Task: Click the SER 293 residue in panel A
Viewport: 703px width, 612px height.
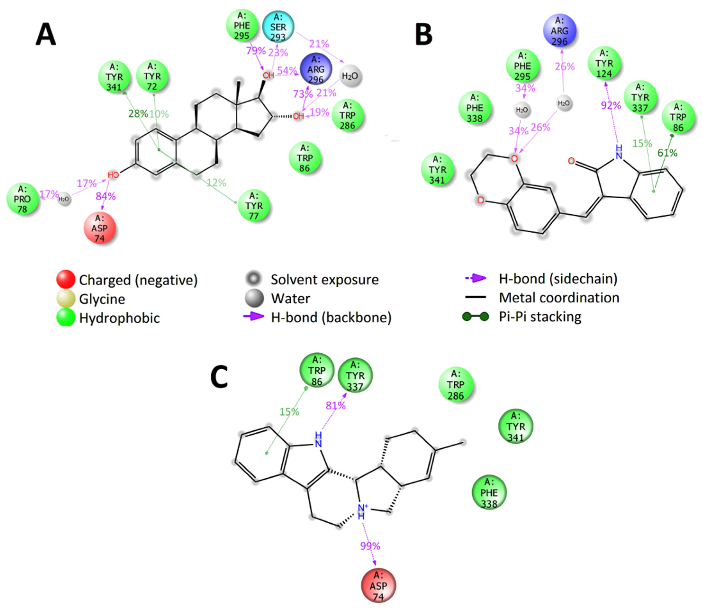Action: [x=278, y=27]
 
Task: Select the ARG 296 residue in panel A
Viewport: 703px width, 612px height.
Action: [x=316, y=69]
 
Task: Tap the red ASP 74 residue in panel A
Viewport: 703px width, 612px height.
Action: [x=99, y=228]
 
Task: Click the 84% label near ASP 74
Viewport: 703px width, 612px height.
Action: [x=106, y=196]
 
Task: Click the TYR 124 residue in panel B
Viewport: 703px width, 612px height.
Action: [x=604, y=63]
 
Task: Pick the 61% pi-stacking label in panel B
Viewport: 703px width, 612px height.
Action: [x=667, y=153]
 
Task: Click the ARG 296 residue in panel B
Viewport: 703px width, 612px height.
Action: [x=559, y=31]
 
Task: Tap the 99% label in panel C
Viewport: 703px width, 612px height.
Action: [x=370, y=546]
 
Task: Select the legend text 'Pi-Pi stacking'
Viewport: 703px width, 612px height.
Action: [x=540, y=317]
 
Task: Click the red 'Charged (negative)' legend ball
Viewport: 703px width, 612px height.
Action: [x=66, y=279]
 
